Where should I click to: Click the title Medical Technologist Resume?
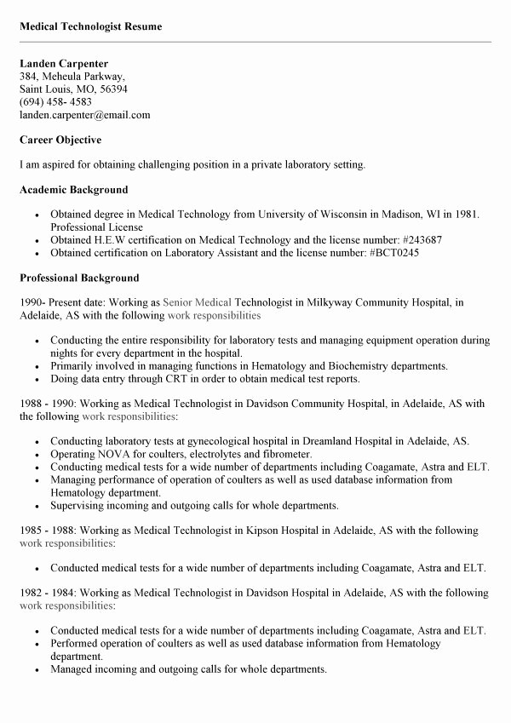click(x=90, y=26)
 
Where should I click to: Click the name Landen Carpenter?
click(x=64, y=64)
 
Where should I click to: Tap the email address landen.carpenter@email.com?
click(x=84, y=115)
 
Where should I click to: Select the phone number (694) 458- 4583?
click(x=55, y=102)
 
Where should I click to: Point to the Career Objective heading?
click(x=60, y=140)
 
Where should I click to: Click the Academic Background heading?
click(x=73, y=190)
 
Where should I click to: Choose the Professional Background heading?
click(x=79, y=278)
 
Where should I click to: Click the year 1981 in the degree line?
click(x=467, y=215)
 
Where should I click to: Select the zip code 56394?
click(x=111, y=89)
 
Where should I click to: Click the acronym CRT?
click(x=181, y=379)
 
